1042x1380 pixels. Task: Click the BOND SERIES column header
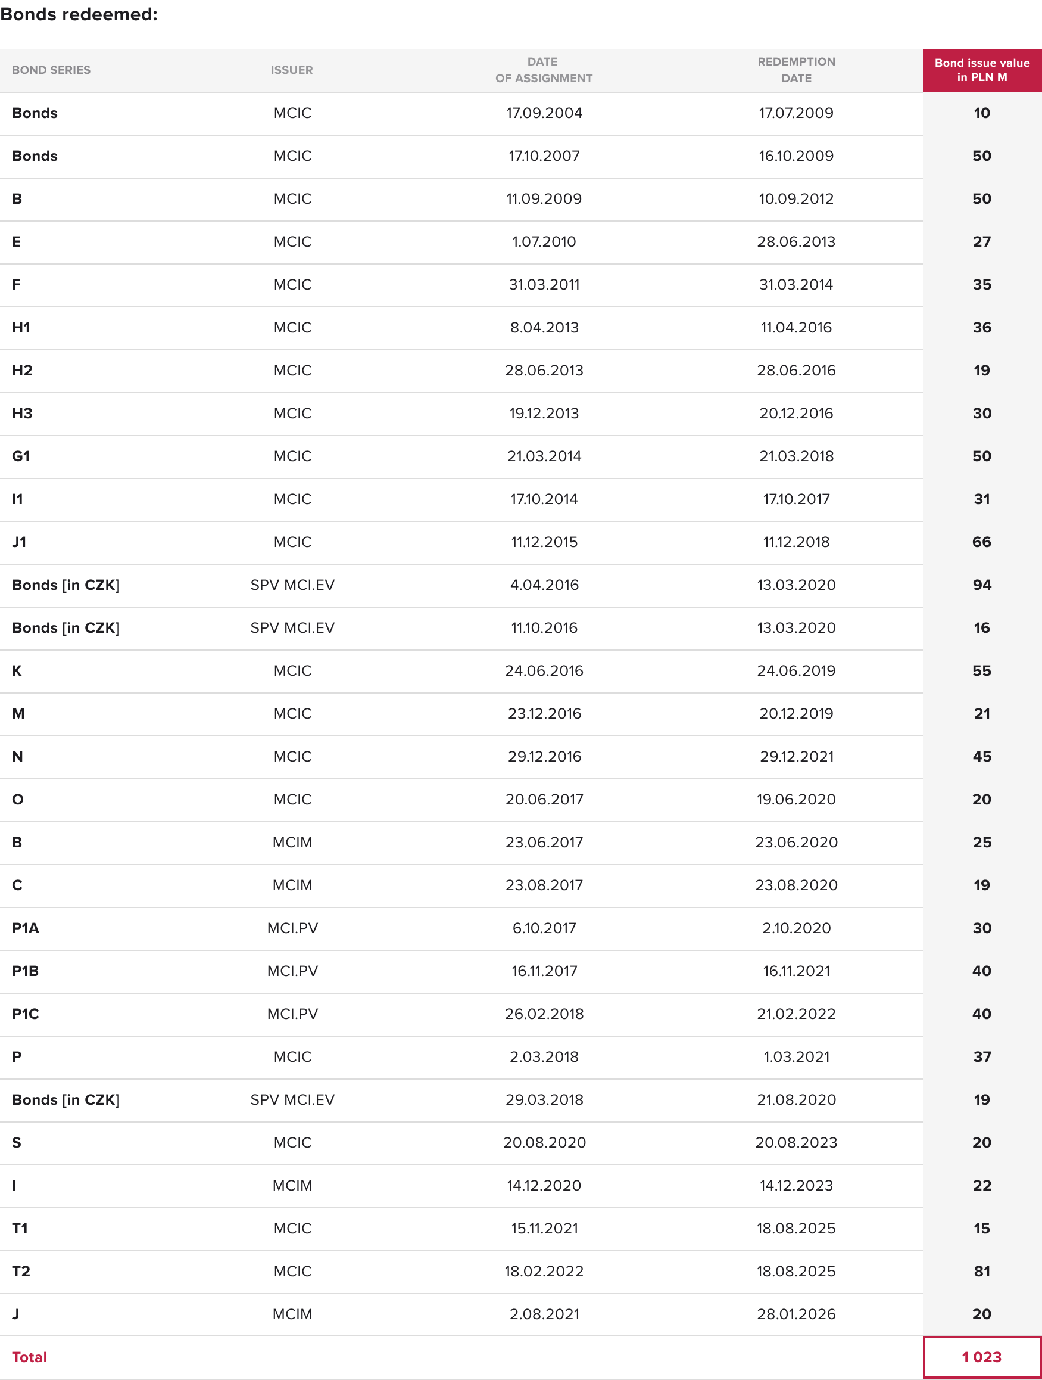click(51, 70)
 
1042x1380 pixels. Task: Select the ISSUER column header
click(292, 70)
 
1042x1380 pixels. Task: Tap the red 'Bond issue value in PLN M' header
click(981, 70)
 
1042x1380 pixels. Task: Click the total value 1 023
click(981, 1357)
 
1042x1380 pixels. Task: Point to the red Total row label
click(29, 1357)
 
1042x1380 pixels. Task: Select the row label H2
click(23, 371)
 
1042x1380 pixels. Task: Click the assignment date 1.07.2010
click(544, 242)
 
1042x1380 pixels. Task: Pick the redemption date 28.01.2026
click(795, 1314)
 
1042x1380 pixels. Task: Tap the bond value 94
click(981, 585)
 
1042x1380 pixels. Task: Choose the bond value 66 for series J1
click(981, 542)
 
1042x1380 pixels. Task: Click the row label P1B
click(26, 971)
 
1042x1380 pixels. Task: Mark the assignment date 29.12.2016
click(544, 757)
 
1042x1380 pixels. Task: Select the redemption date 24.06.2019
click(795, 671)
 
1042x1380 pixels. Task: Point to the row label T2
click(21, 1271)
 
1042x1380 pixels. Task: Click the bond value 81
click(981, 1271)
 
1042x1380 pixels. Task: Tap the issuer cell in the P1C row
click(292, 1014)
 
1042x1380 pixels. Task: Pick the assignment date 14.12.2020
click(544, 1185)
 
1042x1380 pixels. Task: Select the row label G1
click(21, 456)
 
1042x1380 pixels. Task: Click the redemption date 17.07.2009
click(795, 113)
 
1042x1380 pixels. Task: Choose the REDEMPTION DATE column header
click(795, 70)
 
